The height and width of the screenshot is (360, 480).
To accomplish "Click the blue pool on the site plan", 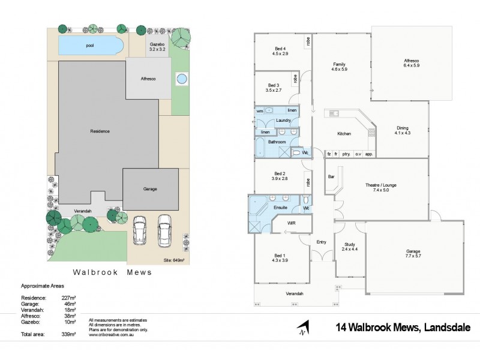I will click(x=90, y=45).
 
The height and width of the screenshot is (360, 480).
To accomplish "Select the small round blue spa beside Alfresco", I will click(x=181, y=78).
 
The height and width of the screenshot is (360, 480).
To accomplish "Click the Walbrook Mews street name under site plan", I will click(x=112, y=272).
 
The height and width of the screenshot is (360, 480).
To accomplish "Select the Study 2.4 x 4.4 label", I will click(x=349, y=247).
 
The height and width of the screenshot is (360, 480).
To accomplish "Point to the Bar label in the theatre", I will click(x=331, y=176).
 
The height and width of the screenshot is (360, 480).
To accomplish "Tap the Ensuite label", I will click(x=280, y=207).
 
